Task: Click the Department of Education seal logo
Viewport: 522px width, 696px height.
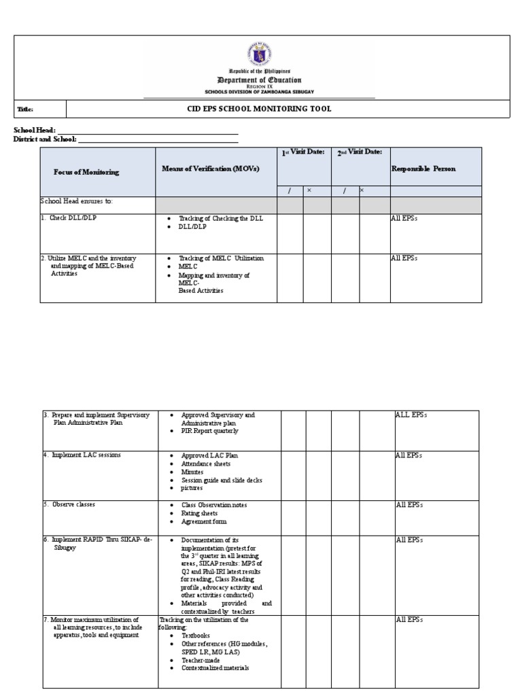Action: [x=260, y=54]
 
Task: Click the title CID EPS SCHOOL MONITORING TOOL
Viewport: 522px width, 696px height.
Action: [x=259, y=109]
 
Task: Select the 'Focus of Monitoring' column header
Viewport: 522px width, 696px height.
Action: [x=86, y=172]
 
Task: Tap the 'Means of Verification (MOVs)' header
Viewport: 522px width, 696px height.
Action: [x=211, y=168]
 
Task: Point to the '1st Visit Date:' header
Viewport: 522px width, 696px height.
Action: [x=303, y=153]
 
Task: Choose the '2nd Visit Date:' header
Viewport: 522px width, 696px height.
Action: [x=360, y=153]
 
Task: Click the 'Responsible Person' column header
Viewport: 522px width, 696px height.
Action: [x=423, y=168]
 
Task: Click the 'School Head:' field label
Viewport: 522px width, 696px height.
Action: [x=34, y=130]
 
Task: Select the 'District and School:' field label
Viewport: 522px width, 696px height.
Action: [x=45, y=139]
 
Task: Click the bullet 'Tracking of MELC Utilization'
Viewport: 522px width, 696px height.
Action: [x=221, y=258]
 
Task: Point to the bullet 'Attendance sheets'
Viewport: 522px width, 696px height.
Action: [x=205, y=464]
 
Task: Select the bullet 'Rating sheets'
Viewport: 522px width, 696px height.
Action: [x=199, y=513]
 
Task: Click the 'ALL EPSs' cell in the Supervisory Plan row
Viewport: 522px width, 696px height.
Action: [x=411, y=414]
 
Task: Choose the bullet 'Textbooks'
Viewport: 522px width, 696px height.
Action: [x=196, y=636]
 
